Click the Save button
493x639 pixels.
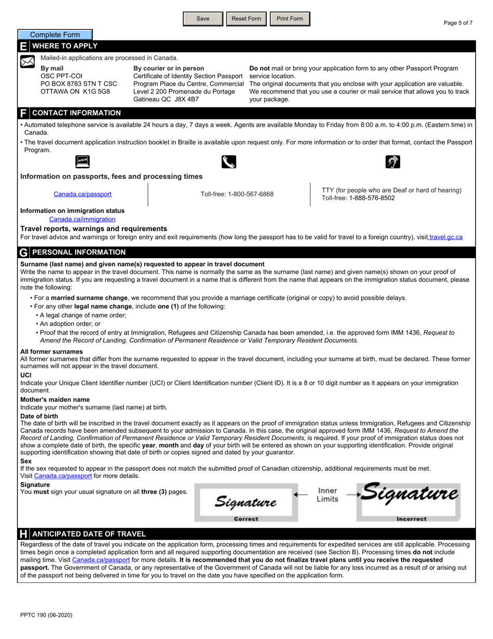203,19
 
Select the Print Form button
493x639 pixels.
290,19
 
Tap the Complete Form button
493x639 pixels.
55,35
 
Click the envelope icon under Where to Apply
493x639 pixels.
27,62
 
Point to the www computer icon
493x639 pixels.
82,162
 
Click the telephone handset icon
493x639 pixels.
228,162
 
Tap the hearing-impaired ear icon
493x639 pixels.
393,162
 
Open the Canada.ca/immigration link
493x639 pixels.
82,219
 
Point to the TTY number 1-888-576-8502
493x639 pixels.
372,198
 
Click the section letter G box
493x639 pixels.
24,252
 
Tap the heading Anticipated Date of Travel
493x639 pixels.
89,534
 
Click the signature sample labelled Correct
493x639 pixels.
245,502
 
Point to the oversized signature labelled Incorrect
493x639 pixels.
410,494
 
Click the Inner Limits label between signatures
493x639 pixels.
327,495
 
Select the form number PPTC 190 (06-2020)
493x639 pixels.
46,615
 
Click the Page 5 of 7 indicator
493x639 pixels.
458,23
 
